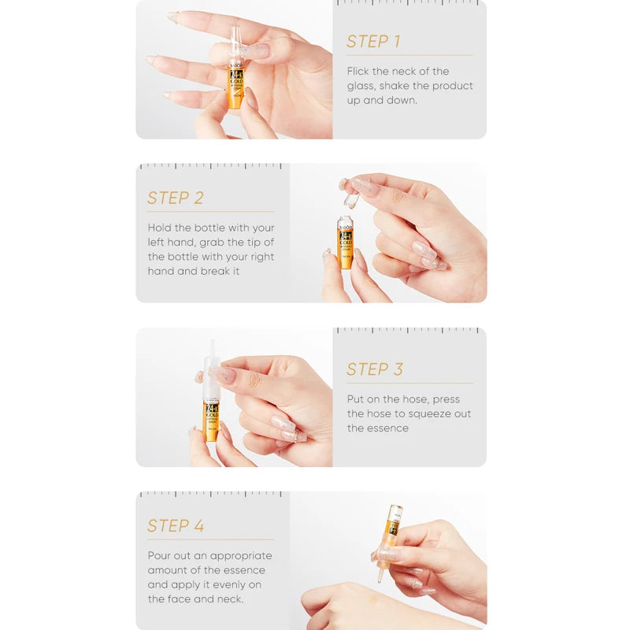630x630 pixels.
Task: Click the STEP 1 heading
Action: point(373,42)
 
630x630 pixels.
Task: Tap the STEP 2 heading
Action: point(176,198)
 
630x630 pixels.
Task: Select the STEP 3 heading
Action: point(375,369)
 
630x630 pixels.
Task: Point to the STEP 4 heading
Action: point(176,526)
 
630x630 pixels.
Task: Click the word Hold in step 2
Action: point(160,228)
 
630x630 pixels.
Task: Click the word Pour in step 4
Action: point(161,556)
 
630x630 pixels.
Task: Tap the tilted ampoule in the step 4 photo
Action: point(390,535)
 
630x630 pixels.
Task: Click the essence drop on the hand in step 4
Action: point(373,601)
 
